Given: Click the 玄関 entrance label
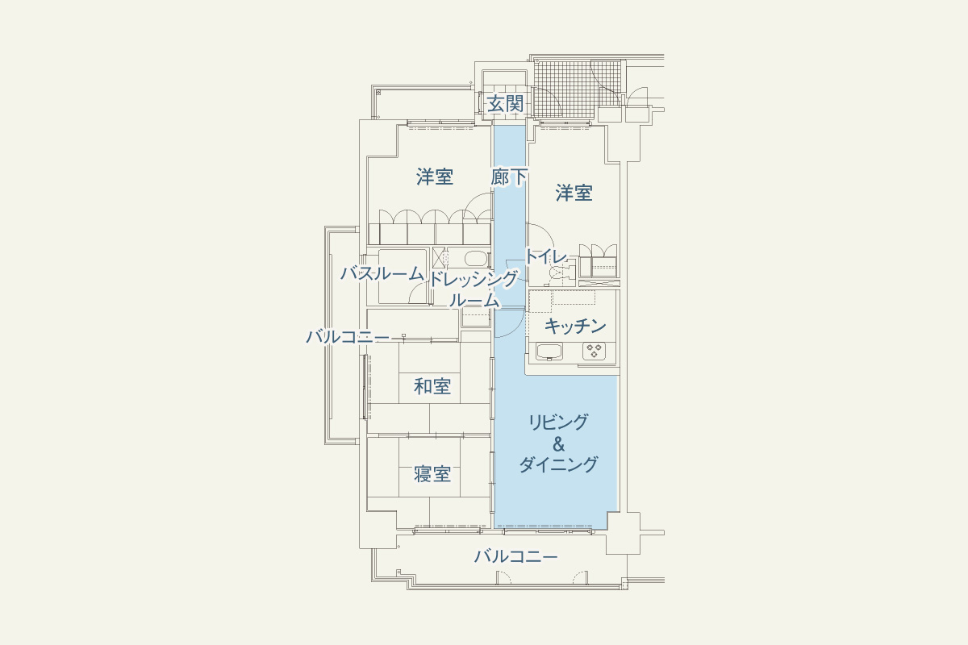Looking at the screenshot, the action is (505, 105).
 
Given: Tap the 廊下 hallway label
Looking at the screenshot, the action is (509, 177).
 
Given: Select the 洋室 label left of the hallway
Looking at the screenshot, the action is (435, 177).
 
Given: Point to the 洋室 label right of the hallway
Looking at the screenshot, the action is (574, 193).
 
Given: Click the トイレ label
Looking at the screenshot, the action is (546, 256).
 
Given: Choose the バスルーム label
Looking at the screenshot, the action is (382, 273).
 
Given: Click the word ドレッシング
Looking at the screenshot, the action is (474, 280).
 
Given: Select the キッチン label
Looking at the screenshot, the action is (574, 327).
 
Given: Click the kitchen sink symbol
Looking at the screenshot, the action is (549, 352).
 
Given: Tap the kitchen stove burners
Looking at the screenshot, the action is (594, 351).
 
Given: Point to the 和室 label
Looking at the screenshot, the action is (432, 386).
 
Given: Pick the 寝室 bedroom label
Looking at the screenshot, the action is (432, 474).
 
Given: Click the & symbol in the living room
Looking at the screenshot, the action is (559, 444).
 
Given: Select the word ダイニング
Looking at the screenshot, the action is (558, 464).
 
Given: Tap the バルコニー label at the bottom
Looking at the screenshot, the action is (516, 556).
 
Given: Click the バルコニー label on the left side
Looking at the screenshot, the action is (348, 336).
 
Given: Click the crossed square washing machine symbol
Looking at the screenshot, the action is (439, 258).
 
